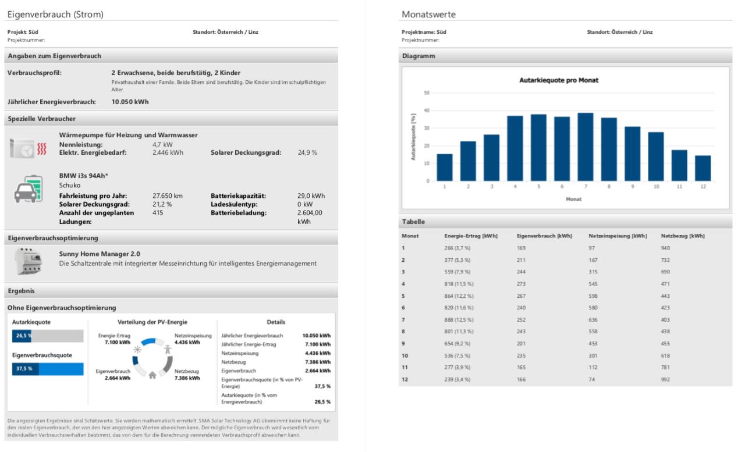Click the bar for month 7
(586, 147)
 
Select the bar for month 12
(703, 168)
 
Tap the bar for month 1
(444, 168)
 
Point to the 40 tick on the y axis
(427, 111)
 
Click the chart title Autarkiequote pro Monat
(559, 80)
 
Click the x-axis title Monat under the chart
(573, 199)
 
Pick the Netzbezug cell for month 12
(665, 379)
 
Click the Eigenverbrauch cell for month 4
(521, 284)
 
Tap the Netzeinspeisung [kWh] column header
(618, 236)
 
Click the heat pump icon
(28, 148)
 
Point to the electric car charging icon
(29, 189)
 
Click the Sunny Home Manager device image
(28, 261)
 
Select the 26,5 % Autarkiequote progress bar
(48, 336)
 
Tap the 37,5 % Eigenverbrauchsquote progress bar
(48, 369)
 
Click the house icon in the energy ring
(152, 375)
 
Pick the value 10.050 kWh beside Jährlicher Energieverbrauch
(130, 102)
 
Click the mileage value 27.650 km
(167, 196)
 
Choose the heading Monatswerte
(428, 15)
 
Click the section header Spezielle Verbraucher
(41, 119)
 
